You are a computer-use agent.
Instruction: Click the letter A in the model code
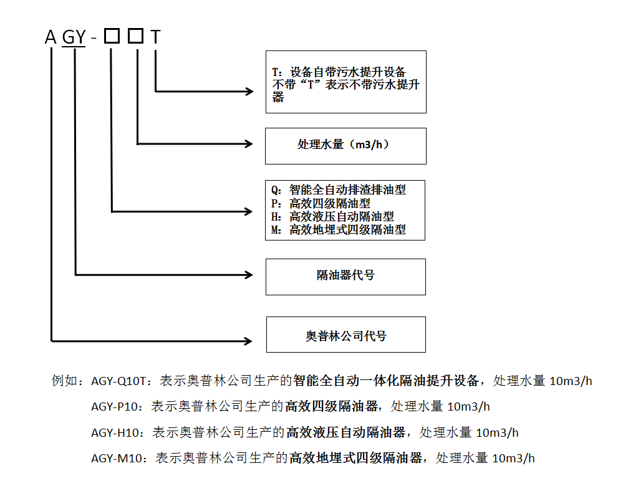coord(51,37)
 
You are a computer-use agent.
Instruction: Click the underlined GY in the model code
coord(75,37)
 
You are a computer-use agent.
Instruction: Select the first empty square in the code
coord(112,37)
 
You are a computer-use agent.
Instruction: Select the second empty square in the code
coord(135,37)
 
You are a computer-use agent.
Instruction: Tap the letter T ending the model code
coord(155,37)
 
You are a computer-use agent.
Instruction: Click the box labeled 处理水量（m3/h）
coord(345,145)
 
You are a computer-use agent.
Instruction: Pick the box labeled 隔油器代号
coord(345,276)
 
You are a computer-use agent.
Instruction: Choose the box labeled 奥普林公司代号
coord(345,336)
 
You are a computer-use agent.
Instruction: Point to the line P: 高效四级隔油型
coord(321,203)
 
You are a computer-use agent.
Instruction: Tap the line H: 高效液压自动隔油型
coord(332,216)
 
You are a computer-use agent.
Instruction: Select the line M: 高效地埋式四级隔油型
coord(338,230)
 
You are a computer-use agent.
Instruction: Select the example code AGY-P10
coord(114,407)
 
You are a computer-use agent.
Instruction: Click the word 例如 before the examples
coord(64,381)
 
